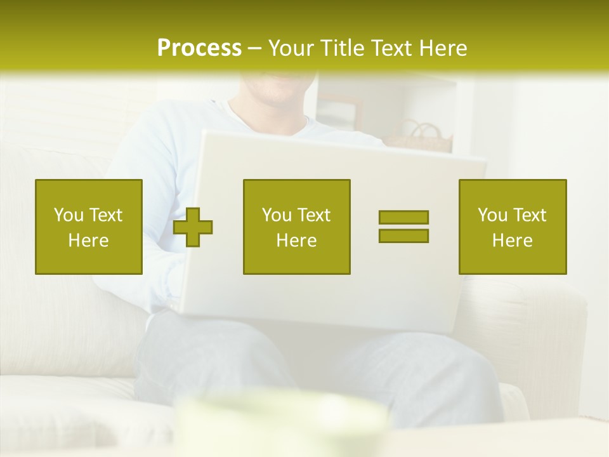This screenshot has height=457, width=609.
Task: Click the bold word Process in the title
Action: (199, 48)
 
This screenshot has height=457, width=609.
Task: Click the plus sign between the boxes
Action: (193, 227)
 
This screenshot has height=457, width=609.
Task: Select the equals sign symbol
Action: (403, 227)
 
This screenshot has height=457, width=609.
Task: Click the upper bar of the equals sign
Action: (403, 218)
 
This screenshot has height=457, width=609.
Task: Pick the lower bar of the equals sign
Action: (403, 235)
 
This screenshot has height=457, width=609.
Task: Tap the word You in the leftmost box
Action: (69, 215)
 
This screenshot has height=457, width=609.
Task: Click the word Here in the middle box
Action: (296, 241)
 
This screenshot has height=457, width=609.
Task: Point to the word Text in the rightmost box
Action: (530, 215)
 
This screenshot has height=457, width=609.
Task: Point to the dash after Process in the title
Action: (255, 48)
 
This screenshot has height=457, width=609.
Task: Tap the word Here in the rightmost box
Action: (513, 241)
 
